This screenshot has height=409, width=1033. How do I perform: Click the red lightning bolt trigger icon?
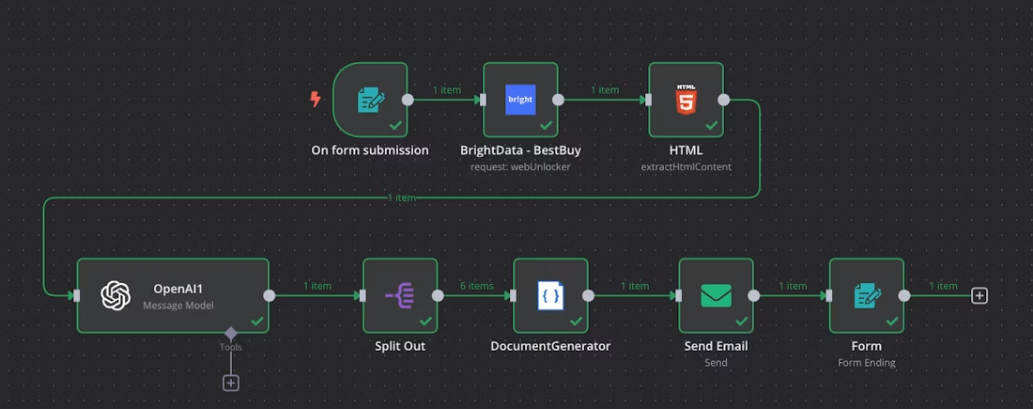(x=316, y=100)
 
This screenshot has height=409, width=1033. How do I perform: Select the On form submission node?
(x=370, y=100)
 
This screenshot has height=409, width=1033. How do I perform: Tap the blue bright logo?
(x=520, y=100)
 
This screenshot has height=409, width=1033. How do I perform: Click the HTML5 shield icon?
(x=686, y=100)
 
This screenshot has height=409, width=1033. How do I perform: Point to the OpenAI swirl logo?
(x=116, y=295)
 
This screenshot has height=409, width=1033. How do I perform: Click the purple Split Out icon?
(x=400, y=295)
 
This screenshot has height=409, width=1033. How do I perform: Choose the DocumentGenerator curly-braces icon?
(x=550, y=295)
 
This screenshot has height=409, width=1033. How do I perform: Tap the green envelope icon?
(x=717, y=295)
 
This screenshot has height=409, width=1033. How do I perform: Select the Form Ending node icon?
(x=867, y=295)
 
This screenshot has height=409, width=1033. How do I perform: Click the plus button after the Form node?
(x=979, y=295)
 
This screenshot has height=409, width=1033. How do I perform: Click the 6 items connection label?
(x=476, y=286)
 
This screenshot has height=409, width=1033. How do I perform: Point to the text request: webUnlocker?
(x=520, y=167)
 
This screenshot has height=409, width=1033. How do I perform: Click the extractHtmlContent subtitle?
(x=686, y=167)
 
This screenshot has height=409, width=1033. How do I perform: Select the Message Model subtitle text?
(x=177, y=306)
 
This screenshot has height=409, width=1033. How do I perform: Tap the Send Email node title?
(x=717, y=346)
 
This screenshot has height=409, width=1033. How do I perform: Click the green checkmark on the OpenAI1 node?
(x=257, y=322)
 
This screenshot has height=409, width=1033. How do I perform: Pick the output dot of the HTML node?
(x=723, y=100)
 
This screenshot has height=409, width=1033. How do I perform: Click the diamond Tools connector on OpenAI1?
(x=231, y=332)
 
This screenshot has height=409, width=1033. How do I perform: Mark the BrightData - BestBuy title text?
(x=520, y=150)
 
